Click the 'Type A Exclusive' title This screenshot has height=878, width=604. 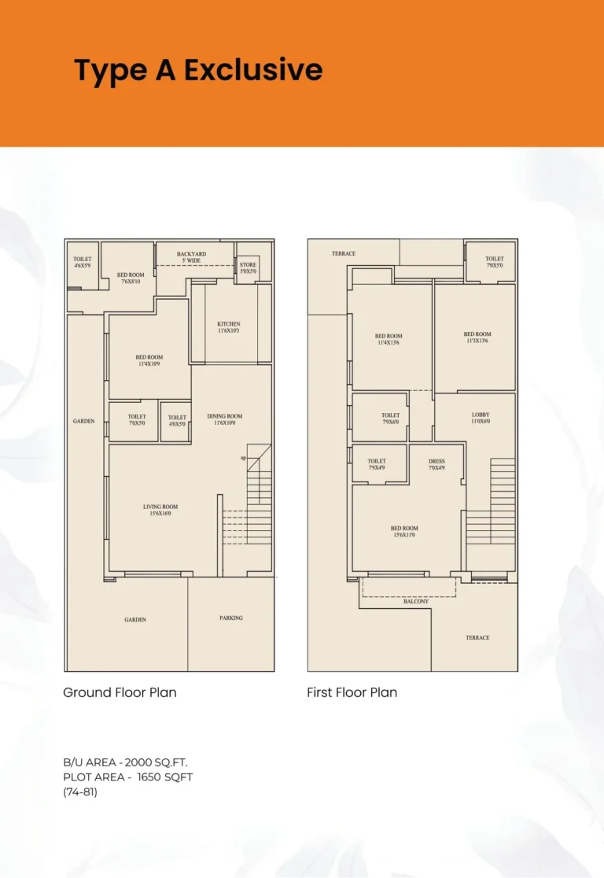(x=198, y=70)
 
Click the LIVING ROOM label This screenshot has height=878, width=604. (x=160, y=507)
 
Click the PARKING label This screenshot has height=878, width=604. (x=231, y=618)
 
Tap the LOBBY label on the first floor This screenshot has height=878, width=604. (x=481, y=415)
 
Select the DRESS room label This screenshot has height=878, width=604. (x=436, y=462)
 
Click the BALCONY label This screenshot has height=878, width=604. (x=416, y=601)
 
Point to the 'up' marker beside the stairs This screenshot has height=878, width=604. (x=244, y=459)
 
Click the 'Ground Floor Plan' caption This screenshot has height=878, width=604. (x=120, y=693)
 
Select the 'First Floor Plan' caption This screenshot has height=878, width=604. (x=352, y=693)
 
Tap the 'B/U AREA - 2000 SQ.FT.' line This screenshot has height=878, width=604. (x=125, y=762)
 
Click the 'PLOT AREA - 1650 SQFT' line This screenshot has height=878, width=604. (x=127, y=777)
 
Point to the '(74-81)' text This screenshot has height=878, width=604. (x=80, y=792)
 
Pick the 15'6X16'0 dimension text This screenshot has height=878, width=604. (x=160, y=515)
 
